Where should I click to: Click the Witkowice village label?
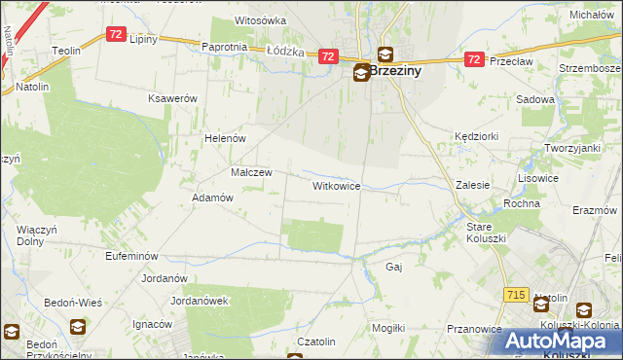pos(337,185)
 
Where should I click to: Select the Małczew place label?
pos(250,172)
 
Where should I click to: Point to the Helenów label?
pos(224,138)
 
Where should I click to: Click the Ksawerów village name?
pos(172,99)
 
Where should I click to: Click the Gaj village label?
pos(394,266)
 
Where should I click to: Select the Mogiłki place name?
pos(387,328)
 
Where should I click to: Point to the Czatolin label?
pos(316,342)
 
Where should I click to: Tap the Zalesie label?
pos(472,184)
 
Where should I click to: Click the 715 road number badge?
pos(516,294)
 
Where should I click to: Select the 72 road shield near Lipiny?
pos(116,34)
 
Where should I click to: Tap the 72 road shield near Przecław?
pos(473,59)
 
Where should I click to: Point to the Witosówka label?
pos(261,20)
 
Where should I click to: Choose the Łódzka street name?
pos(285,52)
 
